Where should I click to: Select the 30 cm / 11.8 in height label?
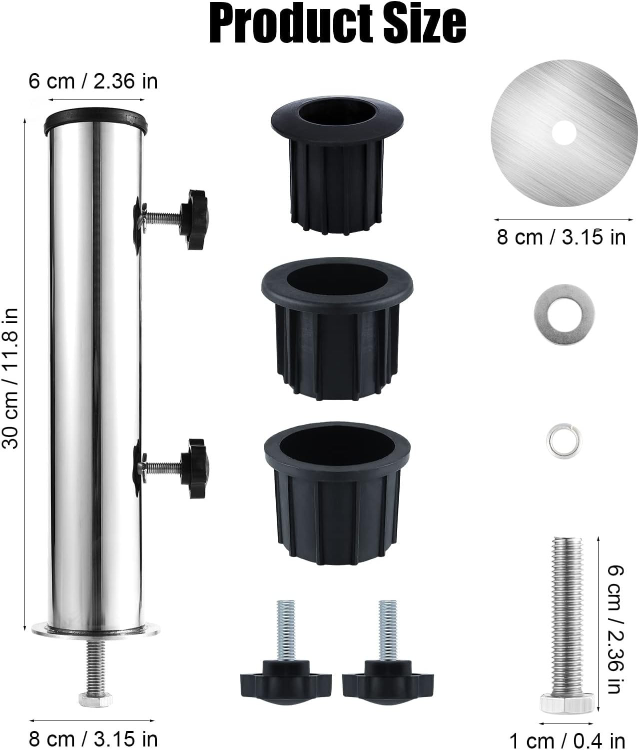pyautogui.click(x=10, y=378)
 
